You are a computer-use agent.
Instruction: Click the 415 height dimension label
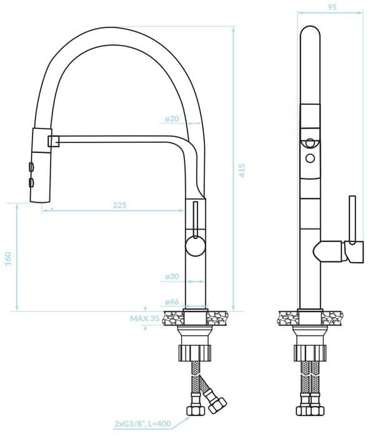[242, 170]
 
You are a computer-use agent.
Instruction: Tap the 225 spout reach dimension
[120, 205]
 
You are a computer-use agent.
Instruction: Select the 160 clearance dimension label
[8, 259]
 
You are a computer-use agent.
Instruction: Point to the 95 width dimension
[332, 7]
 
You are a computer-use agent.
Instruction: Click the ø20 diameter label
[172, 119]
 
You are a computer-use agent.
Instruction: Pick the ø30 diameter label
[172, 276]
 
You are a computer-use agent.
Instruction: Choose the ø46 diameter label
[172, 302]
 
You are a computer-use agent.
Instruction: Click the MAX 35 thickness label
[144, 318]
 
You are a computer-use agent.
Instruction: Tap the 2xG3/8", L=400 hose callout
[142, 424]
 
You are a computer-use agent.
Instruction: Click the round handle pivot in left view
[196, 246]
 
